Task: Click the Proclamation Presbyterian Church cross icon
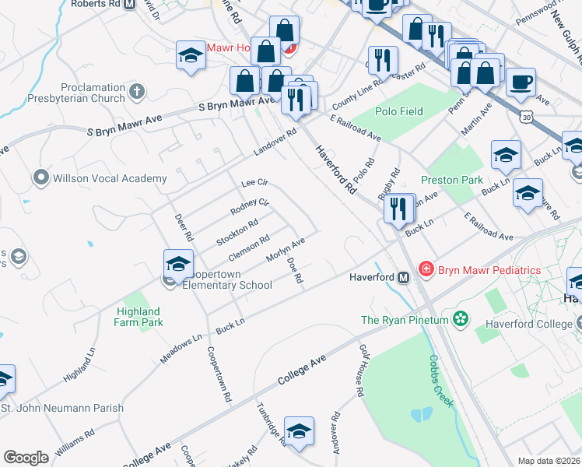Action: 137,92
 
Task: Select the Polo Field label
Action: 399,111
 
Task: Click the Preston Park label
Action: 452,179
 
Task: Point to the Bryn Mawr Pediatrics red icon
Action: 426,269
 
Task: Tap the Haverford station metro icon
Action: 403,277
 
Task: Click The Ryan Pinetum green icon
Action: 461,318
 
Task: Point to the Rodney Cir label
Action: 250,208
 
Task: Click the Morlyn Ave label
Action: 286,249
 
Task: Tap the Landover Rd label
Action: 275,142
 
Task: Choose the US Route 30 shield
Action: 527,117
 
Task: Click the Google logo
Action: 26,457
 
